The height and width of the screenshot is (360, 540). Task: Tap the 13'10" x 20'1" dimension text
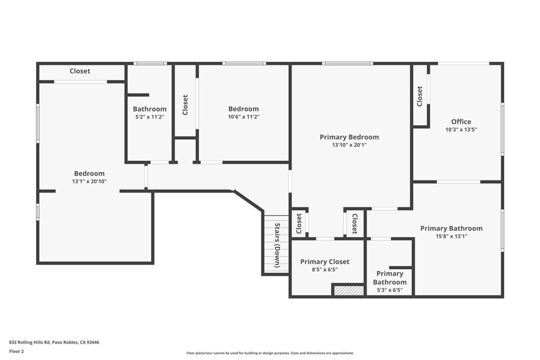349,145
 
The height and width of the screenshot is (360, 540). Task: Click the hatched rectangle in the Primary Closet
349,290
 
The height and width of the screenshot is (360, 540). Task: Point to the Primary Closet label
324,261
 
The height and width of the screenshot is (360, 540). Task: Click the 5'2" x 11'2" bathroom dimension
149,117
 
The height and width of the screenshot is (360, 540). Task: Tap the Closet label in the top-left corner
80,71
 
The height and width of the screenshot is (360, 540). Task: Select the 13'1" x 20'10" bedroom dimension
89,181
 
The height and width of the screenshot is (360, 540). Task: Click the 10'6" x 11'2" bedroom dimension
243,117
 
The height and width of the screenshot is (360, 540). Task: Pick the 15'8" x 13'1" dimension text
451,236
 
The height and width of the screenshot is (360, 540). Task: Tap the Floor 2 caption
16,351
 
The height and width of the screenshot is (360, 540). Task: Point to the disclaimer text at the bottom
269,353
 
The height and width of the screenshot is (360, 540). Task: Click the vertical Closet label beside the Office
420,96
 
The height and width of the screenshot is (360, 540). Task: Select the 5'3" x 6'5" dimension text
390,290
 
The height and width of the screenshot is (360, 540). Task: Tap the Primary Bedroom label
349,137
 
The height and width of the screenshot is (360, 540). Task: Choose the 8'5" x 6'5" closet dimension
324,269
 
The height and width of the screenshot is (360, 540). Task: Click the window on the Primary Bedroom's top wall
348,63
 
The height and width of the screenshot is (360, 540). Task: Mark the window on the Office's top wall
463,63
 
